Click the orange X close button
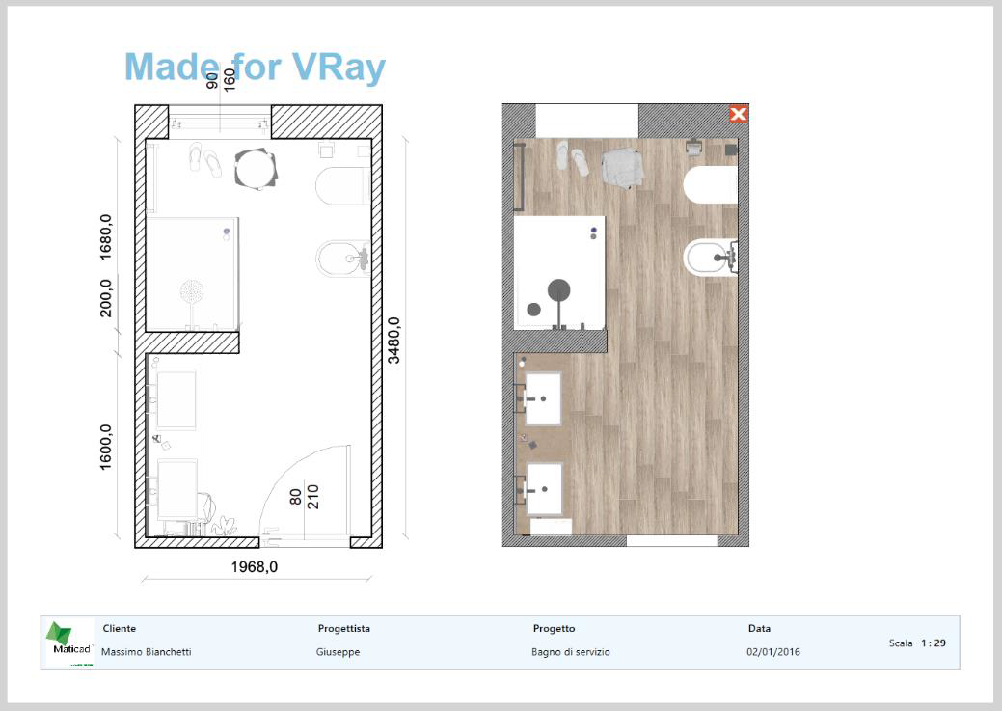click(x=738, y=115)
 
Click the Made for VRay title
click(x=255, y=67)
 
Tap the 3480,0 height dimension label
click(x=393, y=341)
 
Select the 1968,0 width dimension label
click(x=255, y=567)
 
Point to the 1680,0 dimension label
click(x=105, y=237)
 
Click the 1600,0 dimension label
click(x=105, y=448)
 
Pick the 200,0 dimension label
click(x=105, y=298)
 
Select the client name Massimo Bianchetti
click(x=147, y=652)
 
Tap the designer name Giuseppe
click(x=339, y=652)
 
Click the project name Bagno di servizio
click(x=571, y=652)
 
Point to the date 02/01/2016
click(x=773, y=652)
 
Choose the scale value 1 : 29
click(x=933, y=643)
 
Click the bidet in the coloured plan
click(x=711, y=258)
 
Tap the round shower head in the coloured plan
click(x=559, y=290)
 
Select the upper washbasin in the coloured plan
click(x=543, y=398)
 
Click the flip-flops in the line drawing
click(x=205, y=159)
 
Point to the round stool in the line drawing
click(x=256, y=170)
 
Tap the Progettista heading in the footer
click(x=343, y=629)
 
